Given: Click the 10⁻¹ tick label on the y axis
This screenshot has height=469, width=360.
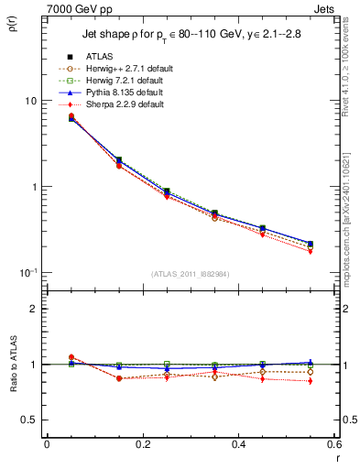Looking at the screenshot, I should pos(27,273).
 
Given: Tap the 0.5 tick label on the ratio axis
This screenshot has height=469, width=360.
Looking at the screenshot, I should pos(27,420).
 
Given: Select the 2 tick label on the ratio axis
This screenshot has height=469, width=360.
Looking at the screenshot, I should pos(32,309).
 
